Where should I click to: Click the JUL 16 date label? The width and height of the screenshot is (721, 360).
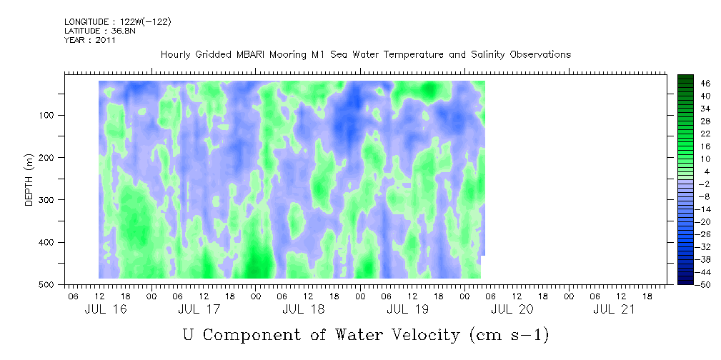pyautogui.click(x=100, y=309)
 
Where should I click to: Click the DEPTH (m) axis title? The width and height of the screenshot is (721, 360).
pyautogui.click(x=29, y=179)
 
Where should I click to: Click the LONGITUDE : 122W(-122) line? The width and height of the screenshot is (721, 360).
pyautogui.click(x=118, y=22)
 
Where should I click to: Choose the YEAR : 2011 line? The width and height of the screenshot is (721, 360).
pyautogui.click(x=90, y=41)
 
